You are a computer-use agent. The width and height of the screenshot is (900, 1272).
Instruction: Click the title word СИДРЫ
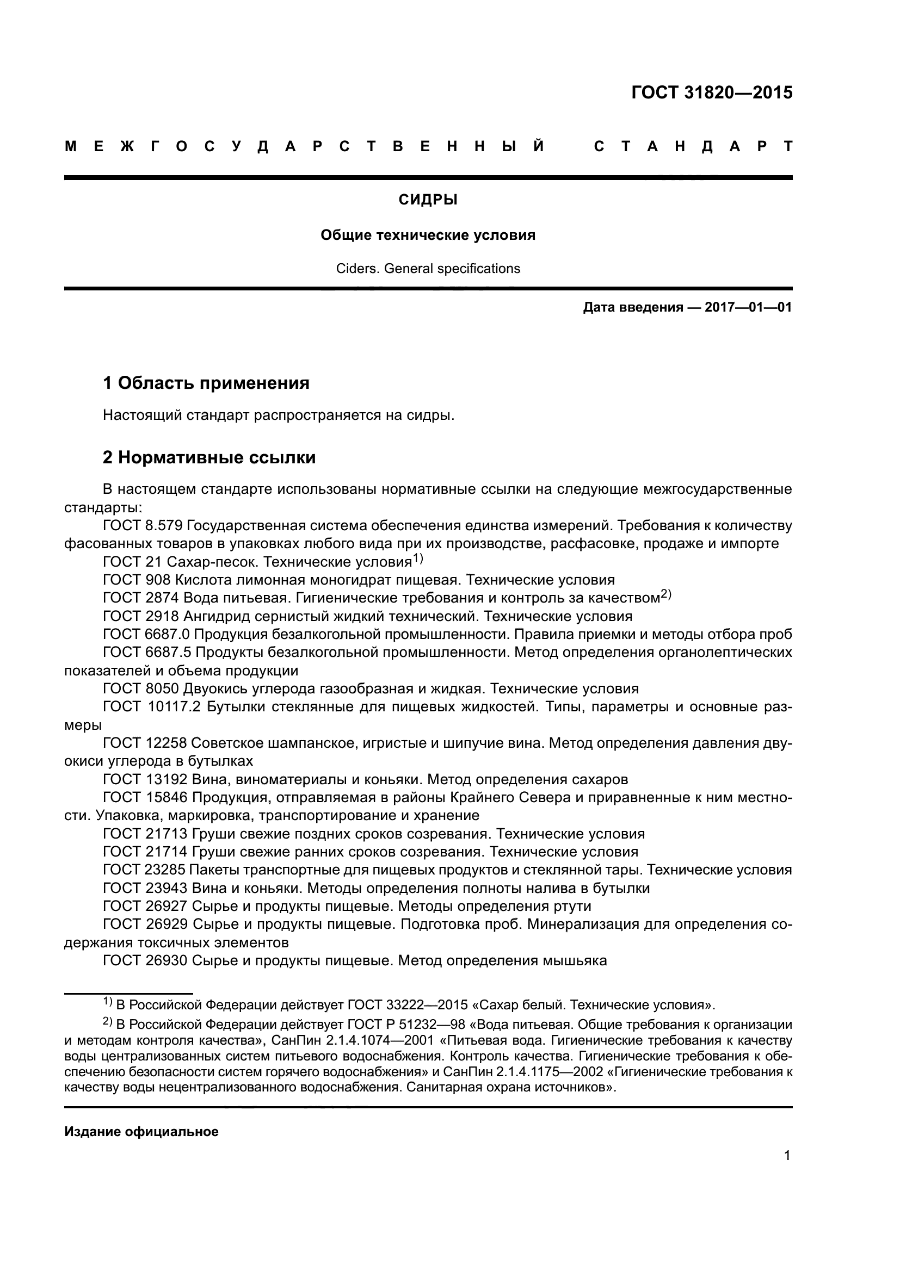coord(428,200)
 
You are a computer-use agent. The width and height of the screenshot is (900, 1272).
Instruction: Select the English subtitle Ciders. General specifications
coord(428,269)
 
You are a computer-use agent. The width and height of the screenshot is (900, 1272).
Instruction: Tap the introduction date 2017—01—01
coord(748,307)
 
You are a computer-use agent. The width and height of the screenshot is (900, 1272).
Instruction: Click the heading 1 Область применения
coord(206,383)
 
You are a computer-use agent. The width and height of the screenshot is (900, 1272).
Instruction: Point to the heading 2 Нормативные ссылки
coord(209,457)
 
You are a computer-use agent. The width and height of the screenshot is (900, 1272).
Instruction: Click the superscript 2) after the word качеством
coord(666,594)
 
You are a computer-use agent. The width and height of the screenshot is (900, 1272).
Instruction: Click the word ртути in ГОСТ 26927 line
coord(572,907)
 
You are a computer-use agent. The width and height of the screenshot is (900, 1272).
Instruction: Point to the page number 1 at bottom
coord(787,1156)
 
